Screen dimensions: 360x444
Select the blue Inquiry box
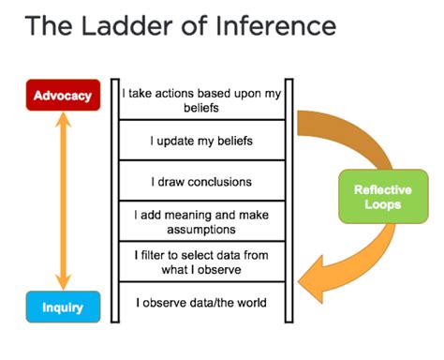tap(62, 306)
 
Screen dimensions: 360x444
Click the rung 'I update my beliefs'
tap(201, 141)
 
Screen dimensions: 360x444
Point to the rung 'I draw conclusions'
tap(201, 181)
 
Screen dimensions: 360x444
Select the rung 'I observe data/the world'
tap(201, 303)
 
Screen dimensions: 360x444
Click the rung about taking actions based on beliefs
tap(201, 100)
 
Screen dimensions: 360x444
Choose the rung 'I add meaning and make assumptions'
tap(201, 221)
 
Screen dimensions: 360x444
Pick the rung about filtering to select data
tap(201, 262)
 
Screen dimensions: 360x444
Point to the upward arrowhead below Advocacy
tap(63, 120)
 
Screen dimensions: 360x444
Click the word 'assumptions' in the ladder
tap(201, 229)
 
